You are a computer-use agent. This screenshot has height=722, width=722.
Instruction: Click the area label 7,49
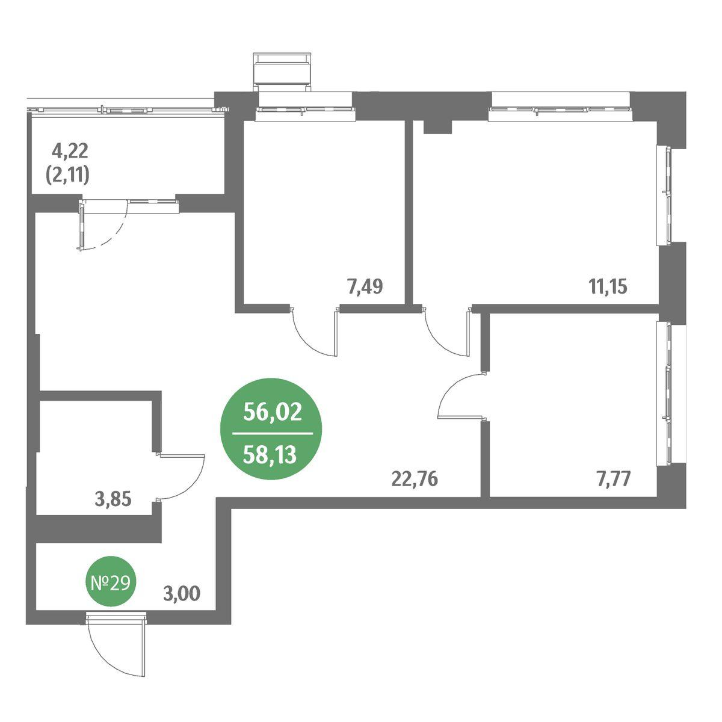pyautogui.click(x=365, y=287)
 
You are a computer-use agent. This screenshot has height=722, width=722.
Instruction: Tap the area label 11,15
pyautogui.click(x=608, y=287)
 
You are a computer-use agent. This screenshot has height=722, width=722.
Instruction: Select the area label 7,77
pyautogui.click(x=612, y=479)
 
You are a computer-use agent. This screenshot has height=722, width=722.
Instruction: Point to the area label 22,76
pyautogui.click(x=415, y=479)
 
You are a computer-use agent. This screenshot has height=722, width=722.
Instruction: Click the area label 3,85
pyautogui.click(x=114, y=499)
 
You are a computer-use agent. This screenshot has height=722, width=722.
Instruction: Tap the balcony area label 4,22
pyautogui.click(x=70, y=151)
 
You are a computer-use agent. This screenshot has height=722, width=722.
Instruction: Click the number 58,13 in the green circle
pyautogui.click(x=270, y=455)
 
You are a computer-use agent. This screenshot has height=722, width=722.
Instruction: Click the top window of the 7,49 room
pyautogui.click(x=305, y=109)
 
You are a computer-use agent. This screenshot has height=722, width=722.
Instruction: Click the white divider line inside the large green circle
pyautogui.click(x=273, y=434)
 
